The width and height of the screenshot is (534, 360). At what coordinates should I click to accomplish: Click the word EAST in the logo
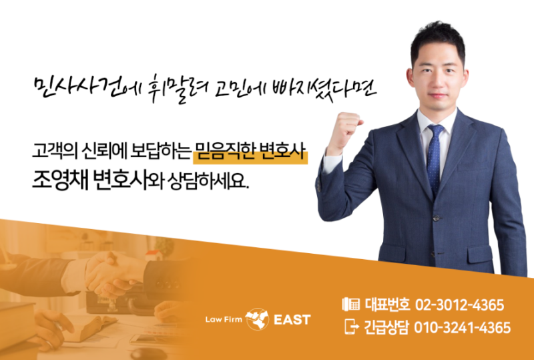(292, 320)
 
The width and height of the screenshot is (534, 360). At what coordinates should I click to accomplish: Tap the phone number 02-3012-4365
(459, 305)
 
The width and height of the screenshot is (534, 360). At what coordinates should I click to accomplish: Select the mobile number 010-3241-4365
(462, 328)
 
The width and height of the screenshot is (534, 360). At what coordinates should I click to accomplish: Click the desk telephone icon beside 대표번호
(351, 304)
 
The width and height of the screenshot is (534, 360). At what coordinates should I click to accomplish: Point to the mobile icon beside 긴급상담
(352, 327)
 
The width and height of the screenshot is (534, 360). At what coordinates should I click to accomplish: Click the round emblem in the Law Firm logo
(257, 319)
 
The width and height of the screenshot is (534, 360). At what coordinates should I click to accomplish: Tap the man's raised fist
(344, 132)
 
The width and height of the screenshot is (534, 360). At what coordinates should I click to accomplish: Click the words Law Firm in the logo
(224, 320)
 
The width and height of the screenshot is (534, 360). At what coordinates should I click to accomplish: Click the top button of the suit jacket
(436, 218)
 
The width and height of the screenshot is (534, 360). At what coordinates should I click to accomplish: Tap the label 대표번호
(387, 305)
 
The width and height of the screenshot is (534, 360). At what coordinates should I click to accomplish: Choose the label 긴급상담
(386, 328)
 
